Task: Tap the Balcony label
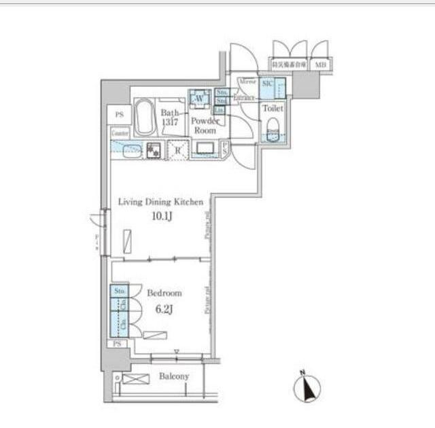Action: (174, 376)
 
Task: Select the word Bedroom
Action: (164, 293)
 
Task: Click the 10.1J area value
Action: (160, 217)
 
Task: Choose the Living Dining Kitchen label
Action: (160, 202)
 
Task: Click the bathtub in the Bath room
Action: (145, 118)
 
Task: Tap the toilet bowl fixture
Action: (273, 128)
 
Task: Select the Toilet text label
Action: (273, 108)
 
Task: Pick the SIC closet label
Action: (267, 82)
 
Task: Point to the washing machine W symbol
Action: (200, 99)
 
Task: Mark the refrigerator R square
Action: (178, 149)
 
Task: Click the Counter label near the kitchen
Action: (120, 134)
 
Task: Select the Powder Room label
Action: (204, 125)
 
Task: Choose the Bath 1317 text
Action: (169, 118)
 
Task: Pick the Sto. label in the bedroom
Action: (120, 291)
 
